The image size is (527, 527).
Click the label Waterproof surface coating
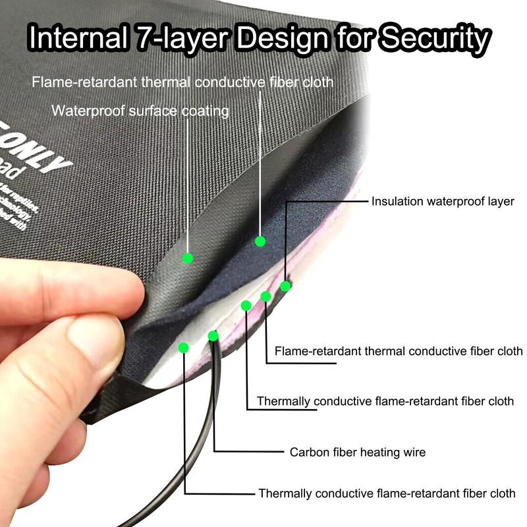[140, 111]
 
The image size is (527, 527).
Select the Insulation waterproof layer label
[443, 202]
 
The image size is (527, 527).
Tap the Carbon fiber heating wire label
[358, 452]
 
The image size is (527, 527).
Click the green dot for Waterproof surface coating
[188, 258]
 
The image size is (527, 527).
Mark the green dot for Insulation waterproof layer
[285, 286]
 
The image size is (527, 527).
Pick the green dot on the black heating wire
[213, 336]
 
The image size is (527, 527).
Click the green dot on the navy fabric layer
[260, 241]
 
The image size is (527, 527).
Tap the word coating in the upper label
[204, 111]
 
